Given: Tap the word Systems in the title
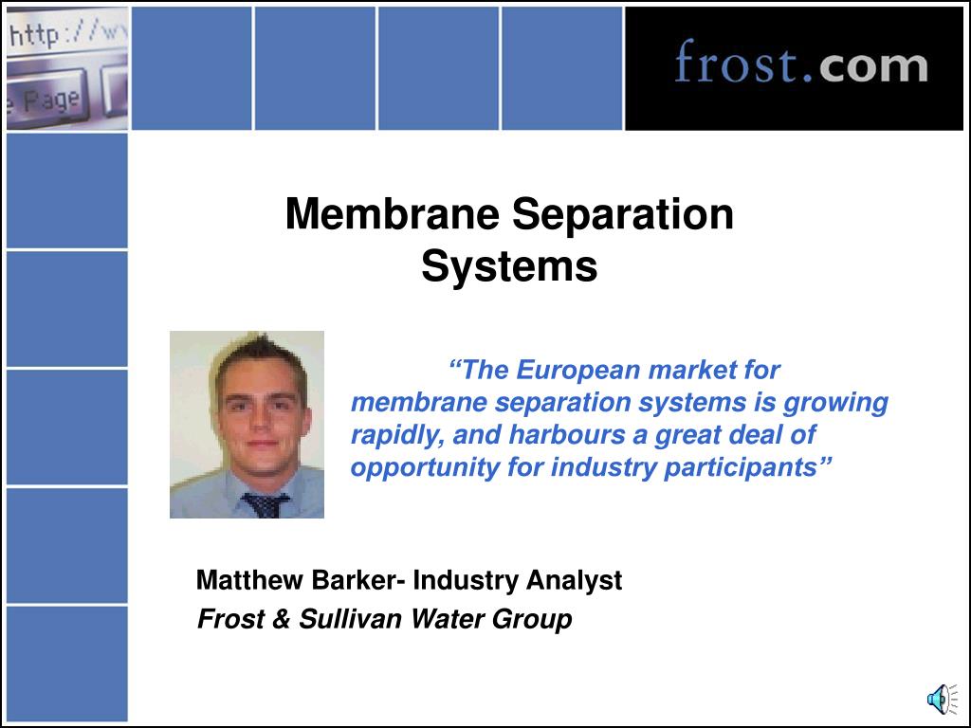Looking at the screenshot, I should click(x=509, y=266).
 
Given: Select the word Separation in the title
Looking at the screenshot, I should click(x=622, y=214).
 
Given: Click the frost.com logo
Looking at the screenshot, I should click(x=800, y=65).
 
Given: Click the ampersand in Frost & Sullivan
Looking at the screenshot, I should click(x=279, y=620).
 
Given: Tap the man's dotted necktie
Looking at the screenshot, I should click(x=266, y=504).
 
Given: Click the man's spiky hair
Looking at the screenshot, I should click(x=256, y=356).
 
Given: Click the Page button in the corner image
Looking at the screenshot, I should click(x=47, y=100).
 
